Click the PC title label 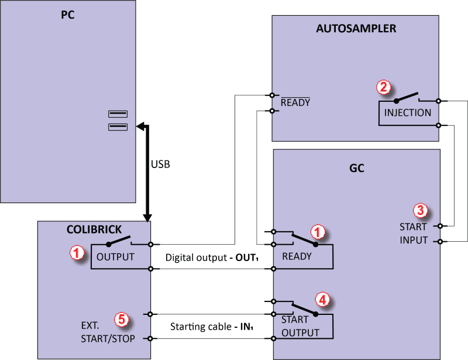68,15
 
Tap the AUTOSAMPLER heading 356,29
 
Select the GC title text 357,168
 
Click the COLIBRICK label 94,229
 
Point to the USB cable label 160,164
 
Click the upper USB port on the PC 118,114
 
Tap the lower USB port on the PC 118,127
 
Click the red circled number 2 384,87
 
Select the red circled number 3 420,210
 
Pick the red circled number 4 323,299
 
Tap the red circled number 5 122,319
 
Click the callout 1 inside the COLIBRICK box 77,252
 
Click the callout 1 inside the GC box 318,232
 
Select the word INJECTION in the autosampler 407,112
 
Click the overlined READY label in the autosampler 295,102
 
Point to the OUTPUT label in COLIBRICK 115,257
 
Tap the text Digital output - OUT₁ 212,258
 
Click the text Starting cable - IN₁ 212,327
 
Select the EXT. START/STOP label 108,332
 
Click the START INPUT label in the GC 414,234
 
